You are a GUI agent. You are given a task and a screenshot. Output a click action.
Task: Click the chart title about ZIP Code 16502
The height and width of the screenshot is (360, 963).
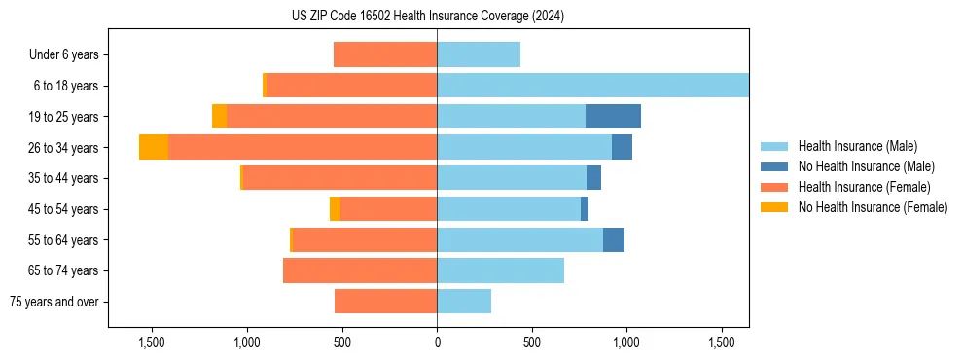point(428,17)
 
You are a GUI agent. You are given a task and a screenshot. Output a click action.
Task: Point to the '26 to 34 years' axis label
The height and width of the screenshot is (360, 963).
point(61,148)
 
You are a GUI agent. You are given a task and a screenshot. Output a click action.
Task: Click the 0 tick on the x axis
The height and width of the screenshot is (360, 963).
point(437,342)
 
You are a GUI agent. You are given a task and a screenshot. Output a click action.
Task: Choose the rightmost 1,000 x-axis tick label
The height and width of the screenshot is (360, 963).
point(626,342)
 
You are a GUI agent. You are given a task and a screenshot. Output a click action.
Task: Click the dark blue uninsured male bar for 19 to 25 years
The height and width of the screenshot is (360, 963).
point(613,117)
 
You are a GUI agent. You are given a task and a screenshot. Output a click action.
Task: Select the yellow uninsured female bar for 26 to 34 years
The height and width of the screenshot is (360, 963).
point(154,147)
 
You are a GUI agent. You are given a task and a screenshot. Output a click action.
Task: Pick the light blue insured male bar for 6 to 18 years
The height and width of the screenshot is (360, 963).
point(592,86)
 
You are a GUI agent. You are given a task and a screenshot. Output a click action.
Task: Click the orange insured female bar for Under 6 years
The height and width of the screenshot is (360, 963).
point(385,54)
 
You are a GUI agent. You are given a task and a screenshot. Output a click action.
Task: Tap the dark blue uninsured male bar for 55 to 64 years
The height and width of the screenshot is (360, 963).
point(614,240)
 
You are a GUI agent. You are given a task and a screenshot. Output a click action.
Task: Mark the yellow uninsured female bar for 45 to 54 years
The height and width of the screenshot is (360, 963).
point(335,209)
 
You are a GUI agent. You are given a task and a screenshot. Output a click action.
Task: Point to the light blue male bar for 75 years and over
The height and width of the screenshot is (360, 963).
point(464,302)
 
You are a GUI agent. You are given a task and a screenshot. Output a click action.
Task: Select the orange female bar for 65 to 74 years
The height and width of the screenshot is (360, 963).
point(360,270)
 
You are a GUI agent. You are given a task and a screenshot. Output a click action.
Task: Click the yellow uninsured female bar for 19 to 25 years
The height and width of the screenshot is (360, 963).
point(219,117)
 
